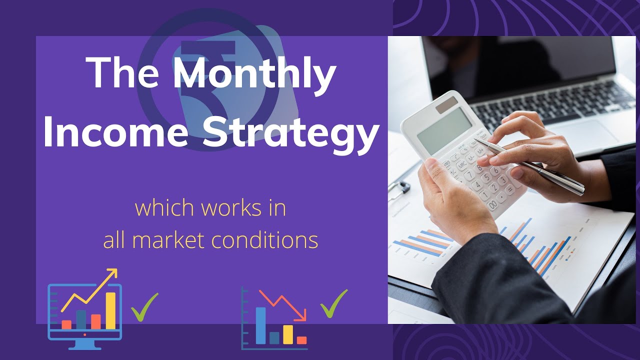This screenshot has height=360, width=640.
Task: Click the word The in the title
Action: coord(125,73)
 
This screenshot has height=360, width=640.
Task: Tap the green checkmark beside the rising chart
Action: coord(144,306)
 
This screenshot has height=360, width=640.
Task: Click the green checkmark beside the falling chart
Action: coord(333,303)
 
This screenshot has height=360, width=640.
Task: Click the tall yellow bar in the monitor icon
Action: coord(110,310)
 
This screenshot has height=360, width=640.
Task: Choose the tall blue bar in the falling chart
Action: coord(260,325)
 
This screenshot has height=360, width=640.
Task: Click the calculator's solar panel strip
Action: coord(446,104)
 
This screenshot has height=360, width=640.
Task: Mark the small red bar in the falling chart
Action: coord(301,340)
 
